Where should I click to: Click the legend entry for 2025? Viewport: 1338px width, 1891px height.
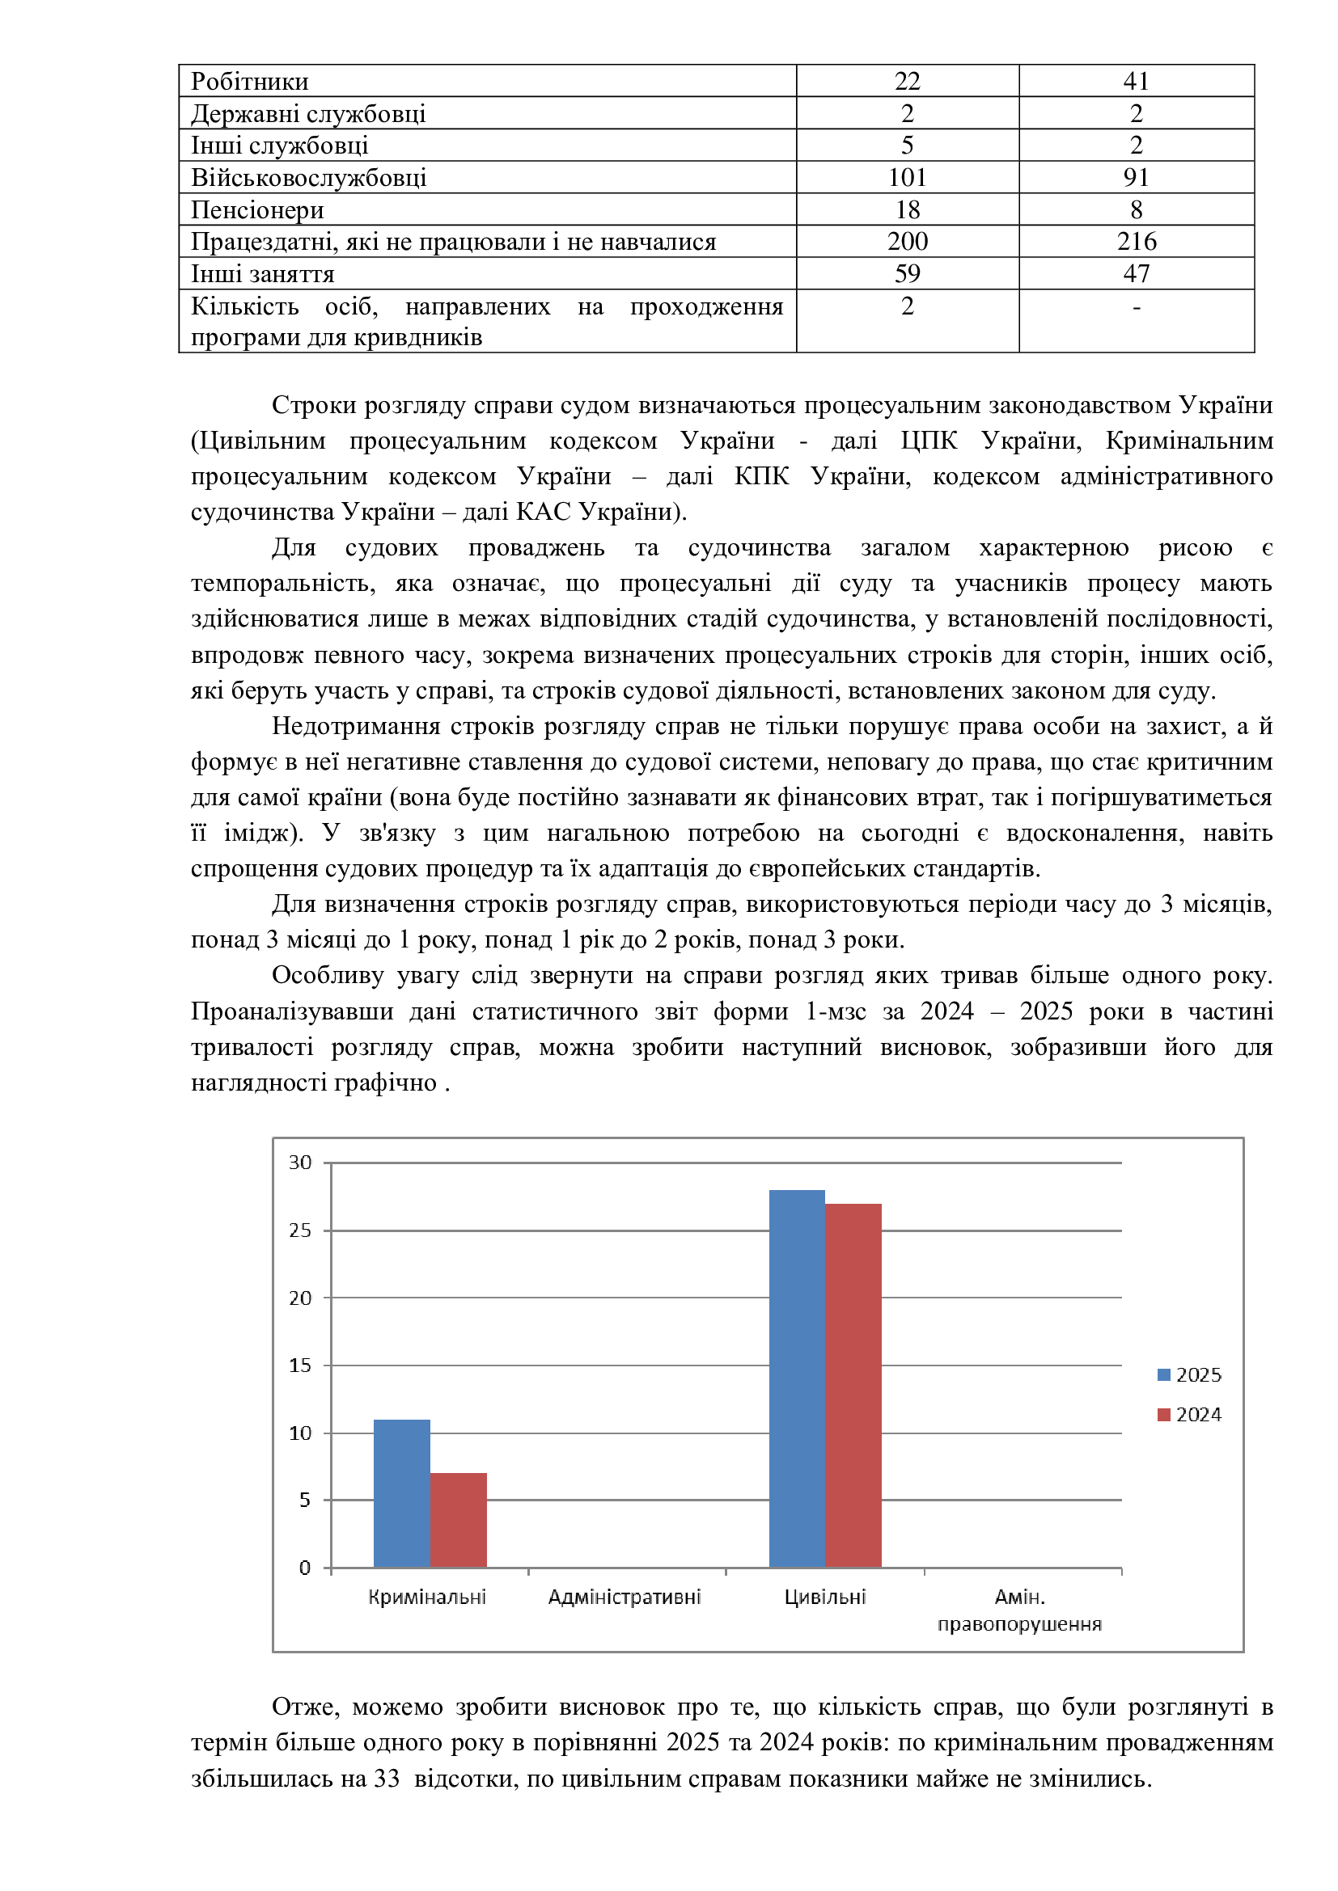1189,1374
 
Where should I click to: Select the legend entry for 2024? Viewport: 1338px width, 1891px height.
1189,1414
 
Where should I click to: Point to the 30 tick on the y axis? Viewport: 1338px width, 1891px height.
300,1162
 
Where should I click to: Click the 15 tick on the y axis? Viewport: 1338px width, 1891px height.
300,1365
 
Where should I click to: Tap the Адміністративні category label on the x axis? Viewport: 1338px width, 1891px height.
625,1597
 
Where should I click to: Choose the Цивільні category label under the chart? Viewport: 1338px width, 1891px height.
824,1597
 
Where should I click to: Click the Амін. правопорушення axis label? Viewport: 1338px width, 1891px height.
1019,1610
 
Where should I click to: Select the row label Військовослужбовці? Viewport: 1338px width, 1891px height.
309,178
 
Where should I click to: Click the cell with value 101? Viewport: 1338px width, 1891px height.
907,178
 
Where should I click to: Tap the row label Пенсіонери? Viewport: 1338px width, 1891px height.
258,210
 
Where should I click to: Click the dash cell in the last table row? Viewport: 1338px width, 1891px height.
1136,307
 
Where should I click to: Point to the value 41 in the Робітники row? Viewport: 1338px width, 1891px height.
1136,82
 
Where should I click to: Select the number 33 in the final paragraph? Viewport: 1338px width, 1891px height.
387,1778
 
